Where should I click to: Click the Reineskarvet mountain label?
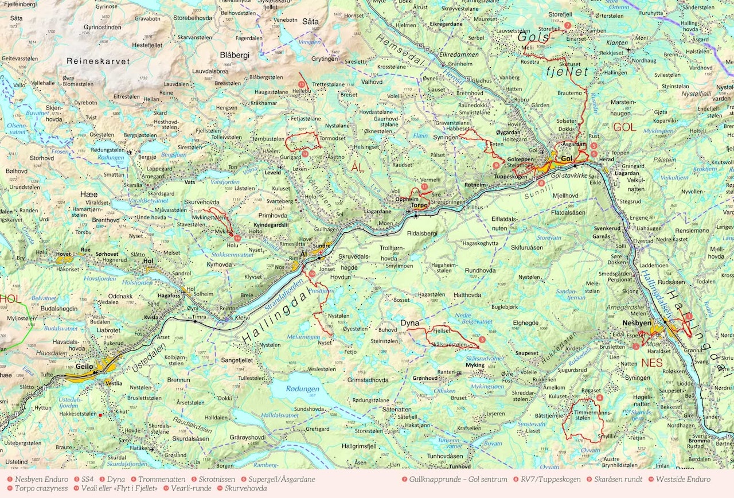(98, 61)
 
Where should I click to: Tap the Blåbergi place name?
(235, 55)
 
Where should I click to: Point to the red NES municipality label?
(652, 363)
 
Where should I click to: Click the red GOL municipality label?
(624, 127)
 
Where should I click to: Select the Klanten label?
(618, 43)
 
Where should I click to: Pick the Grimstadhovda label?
(368, 380)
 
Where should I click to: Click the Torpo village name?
(420, 205)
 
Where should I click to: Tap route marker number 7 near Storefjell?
(567, 25)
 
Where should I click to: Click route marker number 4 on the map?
(600, 398)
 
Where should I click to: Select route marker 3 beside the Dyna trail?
(482, 340)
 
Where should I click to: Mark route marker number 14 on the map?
(237, 237)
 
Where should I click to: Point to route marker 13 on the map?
(301, 85)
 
